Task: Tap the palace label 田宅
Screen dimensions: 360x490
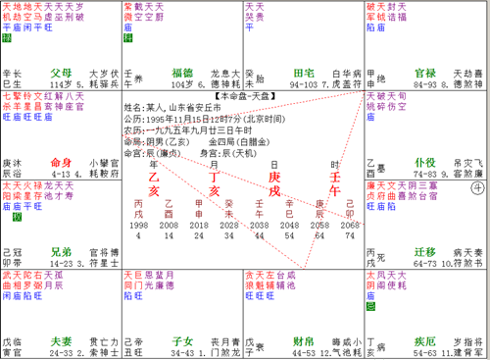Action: point(305,73)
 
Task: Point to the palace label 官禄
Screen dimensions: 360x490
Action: point(425,73)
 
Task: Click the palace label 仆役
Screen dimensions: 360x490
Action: point(425,161)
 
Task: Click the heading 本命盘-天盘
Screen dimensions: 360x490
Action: point(244,90)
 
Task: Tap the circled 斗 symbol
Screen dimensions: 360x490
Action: point(478,183)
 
